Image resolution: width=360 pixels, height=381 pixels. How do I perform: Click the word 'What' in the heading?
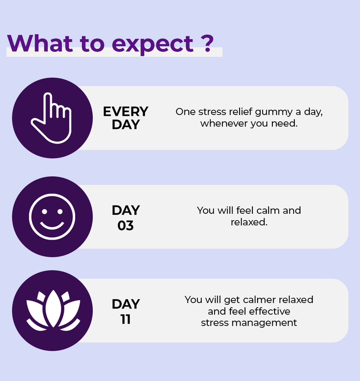[40, 43]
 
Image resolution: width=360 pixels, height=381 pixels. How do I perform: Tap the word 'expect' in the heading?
[153, 45]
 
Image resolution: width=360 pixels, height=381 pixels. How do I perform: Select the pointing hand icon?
[51, 118]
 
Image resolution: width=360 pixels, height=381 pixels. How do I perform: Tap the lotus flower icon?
[53, 310]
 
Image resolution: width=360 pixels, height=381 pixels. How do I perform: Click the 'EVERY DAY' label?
[126, 118]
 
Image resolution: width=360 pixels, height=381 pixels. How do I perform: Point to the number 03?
[126, 226]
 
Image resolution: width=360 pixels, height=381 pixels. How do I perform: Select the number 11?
[126, 319]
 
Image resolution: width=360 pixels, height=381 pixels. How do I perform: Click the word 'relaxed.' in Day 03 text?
[249, 222]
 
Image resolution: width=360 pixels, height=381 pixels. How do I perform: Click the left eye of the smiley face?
[44, 212]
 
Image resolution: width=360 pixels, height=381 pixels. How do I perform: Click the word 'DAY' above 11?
[126, 304]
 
